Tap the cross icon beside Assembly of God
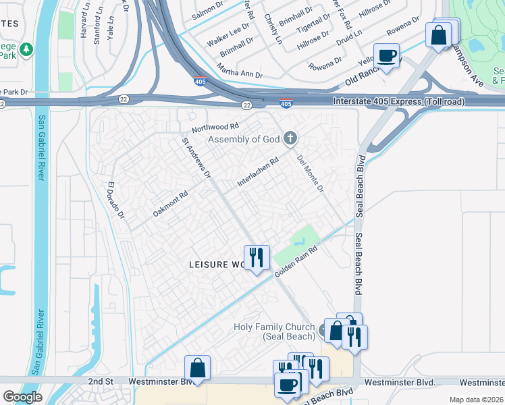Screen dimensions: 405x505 [291, 139]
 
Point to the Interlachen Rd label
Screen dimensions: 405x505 [258, 173]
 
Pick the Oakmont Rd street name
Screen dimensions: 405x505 [169, 202]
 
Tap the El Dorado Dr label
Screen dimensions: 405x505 [116, 200]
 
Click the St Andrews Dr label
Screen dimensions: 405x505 [196, 159]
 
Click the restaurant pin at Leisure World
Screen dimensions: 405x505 [256, 258]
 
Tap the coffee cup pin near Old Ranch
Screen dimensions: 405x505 [386, 56]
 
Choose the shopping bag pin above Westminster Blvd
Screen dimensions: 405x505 [197, 369]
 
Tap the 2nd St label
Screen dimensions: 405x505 [100, 382]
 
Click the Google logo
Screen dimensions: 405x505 [22, 397]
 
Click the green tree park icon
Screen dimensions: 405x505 [26, 49]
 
